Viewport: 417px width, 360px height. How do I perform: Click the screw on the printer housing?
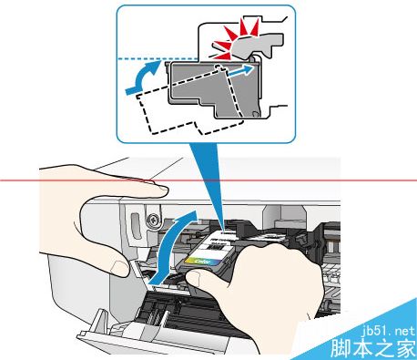point(154,220)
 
